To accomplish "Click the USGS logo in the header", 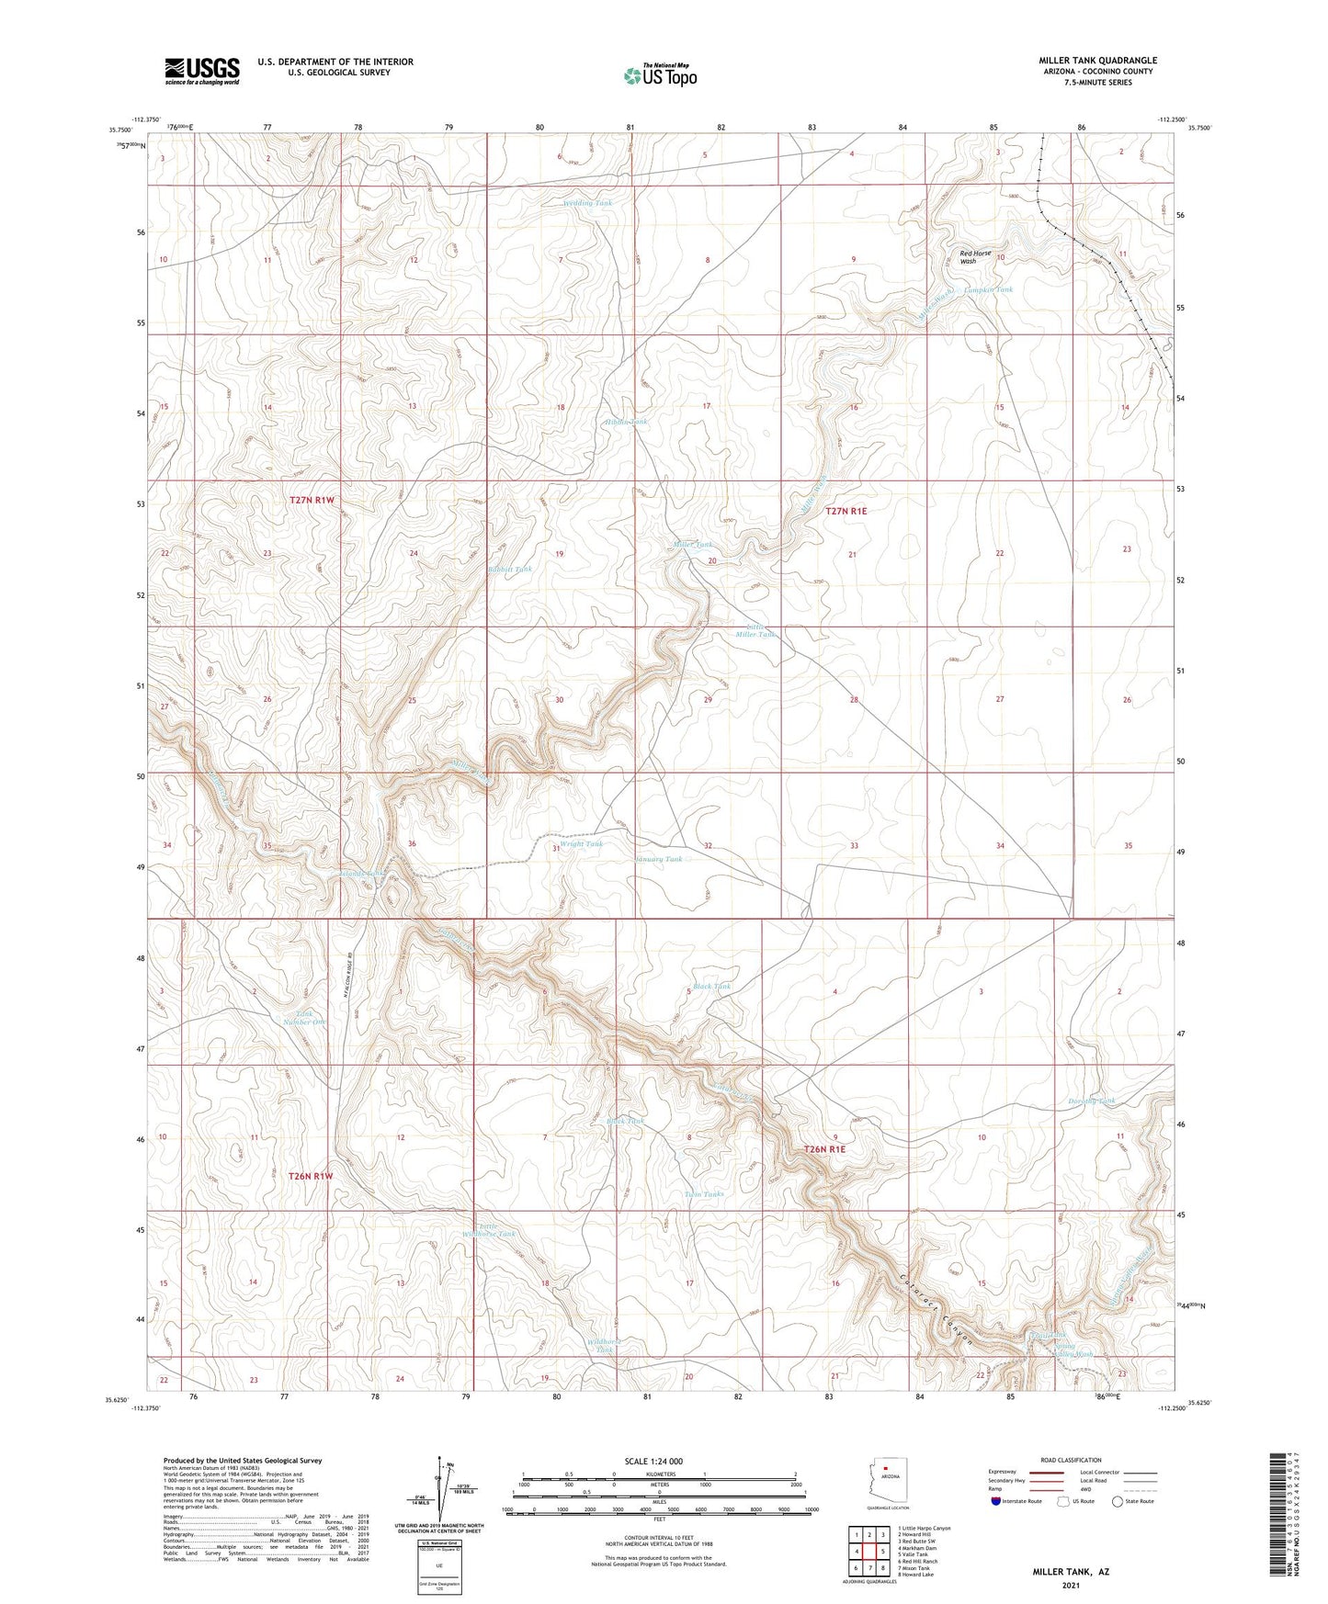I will (202, 71).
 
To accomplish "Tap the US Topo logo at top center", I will (659, 75).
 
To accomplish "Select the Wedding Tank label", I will (587, 203).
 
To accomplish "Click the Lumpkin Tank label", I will (988, 289).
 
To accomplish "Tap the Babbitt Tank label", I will (509, 570).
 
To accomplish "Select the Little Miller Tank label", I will (755, 629).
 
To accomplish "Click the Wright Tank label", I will (581, 843).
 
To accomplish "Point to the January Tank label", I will (659, 859).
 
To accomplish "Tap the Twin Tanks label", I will (704, 1194).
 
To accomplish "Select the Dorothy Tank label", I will (1091, 1101).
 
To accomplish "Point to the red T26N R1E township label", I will (823, 1149).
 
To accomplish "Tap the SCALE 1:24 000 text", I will (653, 1462).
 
